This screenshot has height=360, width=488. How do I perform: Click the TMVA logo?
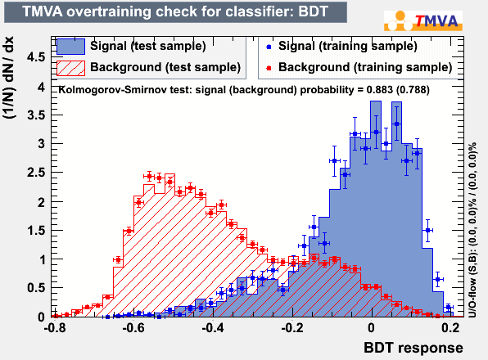coord(423,20)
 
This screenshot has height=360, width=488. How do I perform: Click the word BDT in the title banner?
coord(313,11)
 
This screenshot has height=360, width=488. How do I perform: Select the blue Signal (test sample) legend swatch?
coord(70,47)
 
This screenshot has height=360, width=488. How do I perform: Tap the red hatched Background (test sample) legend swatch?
coord(70,68)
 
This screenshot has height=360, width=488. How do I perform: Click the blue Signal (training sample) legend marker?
coord(269,47)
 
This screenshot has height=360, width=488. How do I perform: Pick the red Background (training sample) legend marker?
coord(269,68)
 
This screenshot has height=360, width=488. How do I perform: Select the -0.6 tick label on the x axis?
coord(134,327)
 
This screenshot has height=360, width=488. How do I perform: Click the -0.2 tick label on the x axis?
coord(292,327)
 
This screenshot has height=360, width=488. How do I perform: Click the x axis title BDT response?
coord(413,348)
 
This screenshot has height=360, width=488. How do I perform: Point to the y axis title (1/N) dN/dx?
coord(9,78)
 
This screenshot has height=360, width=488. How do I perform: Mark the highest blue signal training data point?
coord(396,124)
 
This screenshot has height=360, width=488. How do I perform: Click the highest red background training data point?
coord(149,177)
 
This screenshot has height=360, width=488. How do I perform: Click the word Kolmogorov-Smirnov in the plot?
coord(113,90)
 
